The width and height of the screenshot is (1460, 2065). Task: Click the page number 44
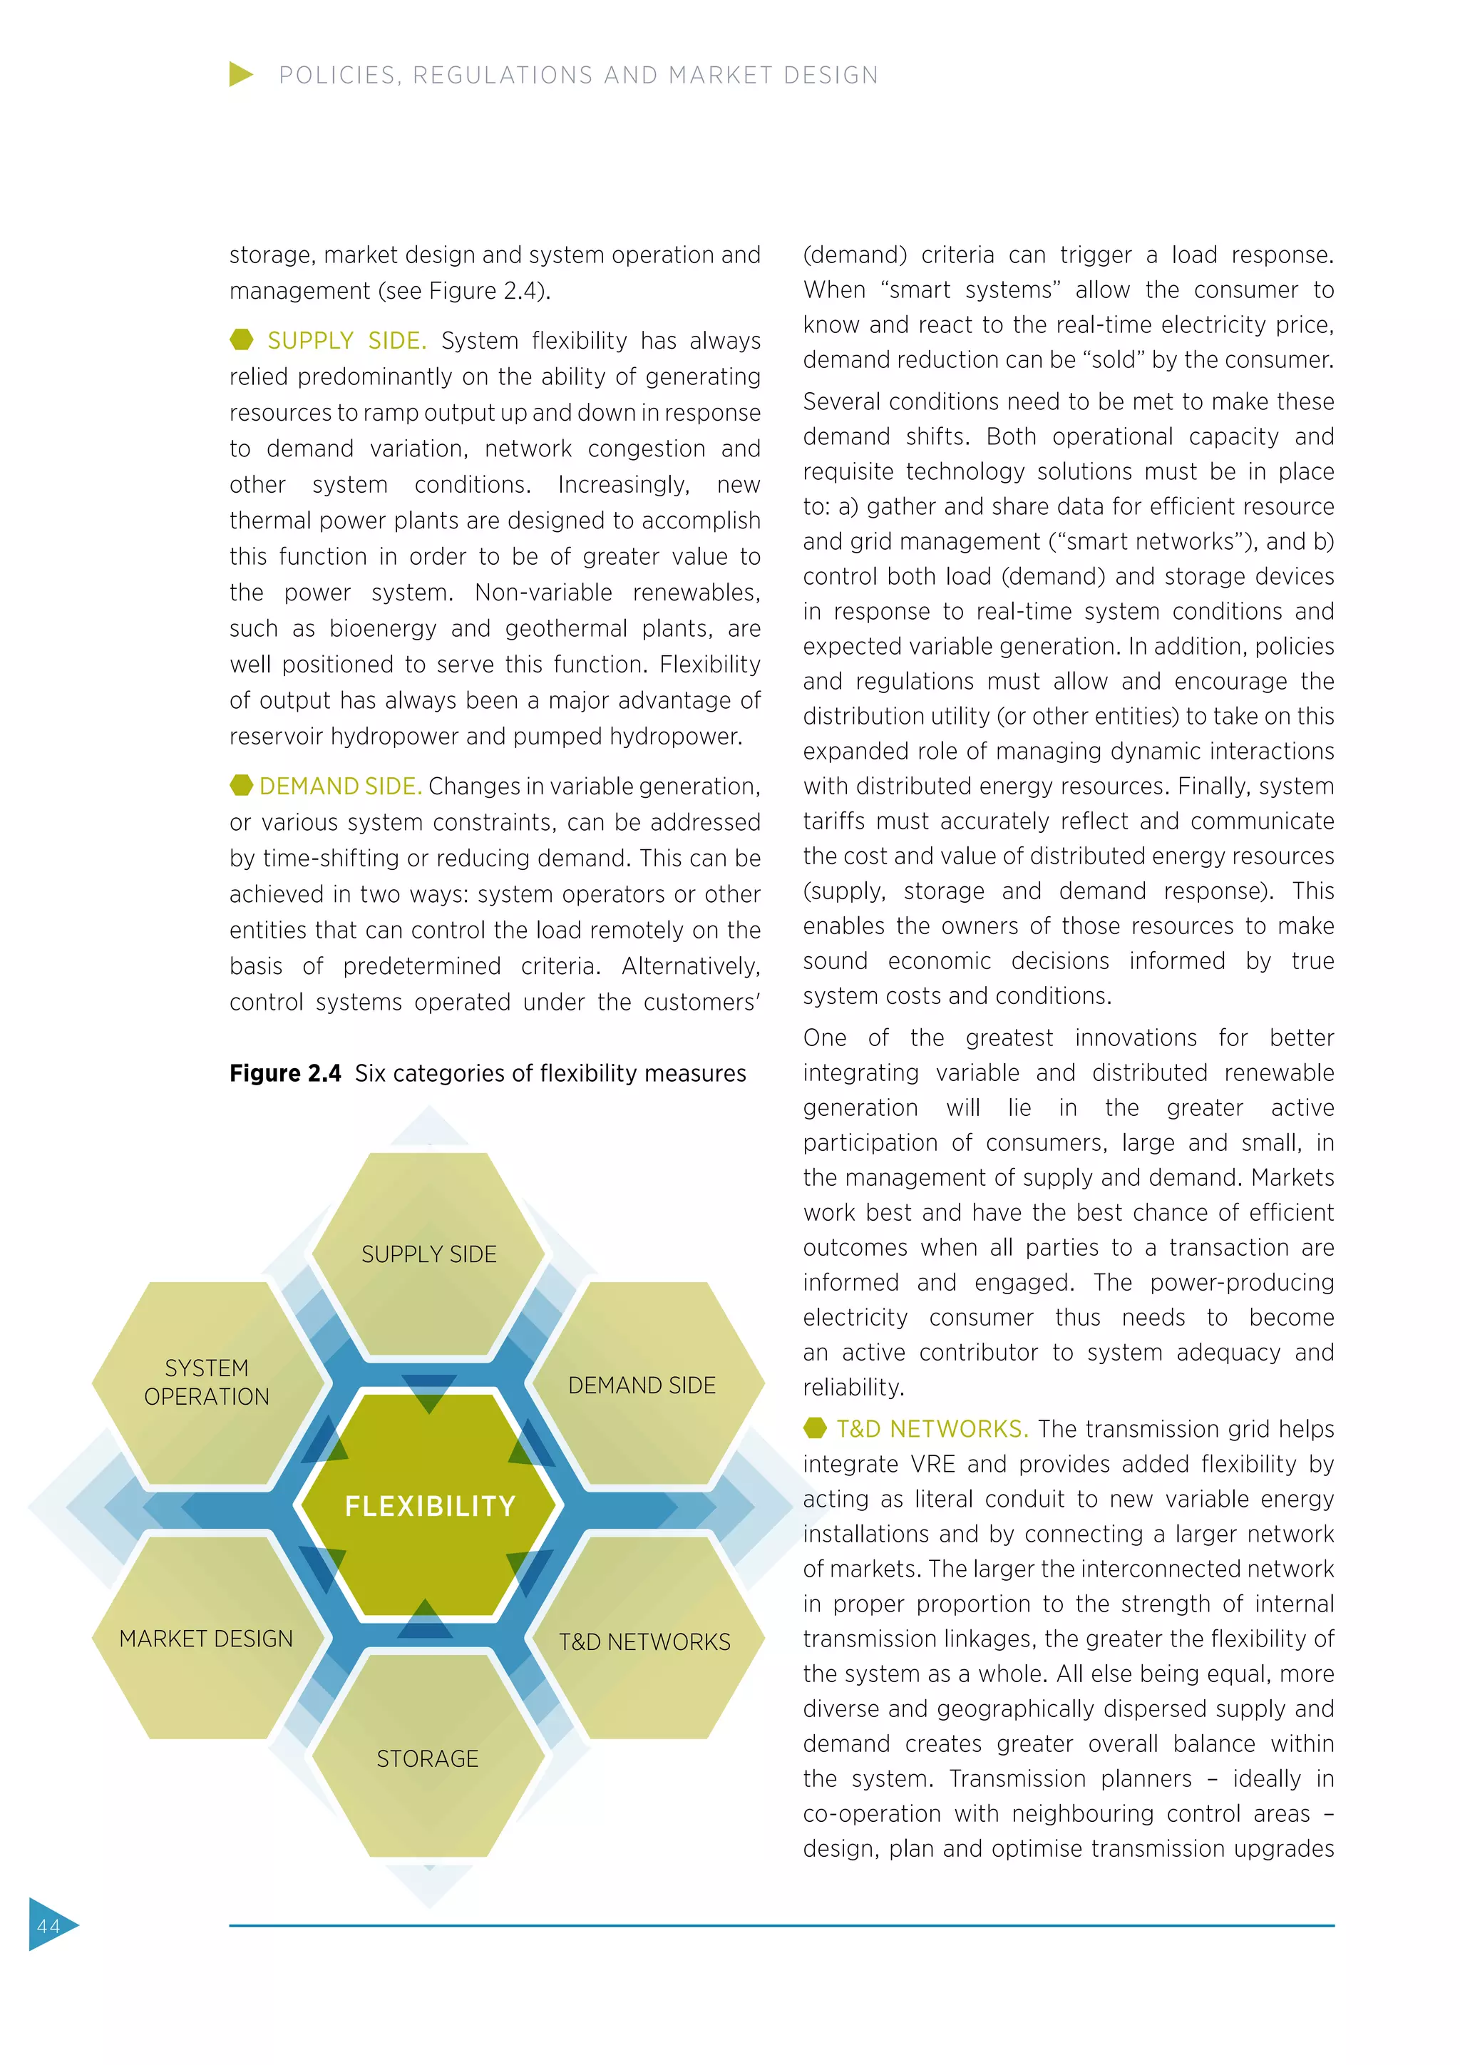[x=48, y=1925]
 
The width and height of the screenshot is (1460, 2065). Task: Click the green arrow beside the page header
[x=240, y=75]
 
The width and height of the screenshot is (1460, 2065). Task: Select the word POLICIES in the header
[x=336, y=76]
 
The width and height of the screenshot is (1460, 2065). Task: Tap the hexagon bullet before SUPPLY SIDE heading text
[x=241, y=340]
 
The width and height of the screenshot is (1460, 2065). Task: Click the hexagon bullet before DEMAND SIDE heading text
[x=241, y=785]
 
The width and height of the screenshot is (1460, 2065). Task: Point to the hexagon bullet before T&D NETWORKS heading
[x=815, y=1428]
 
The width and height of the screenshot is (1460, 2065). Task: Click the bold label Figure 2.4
[x=285, y=1073]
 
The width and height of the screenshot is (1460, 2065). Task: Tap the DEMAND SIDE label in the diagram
[x=642, y=1385]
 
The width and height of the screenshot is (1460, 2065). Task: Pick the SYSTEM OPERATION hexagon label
[x=207, y=1383]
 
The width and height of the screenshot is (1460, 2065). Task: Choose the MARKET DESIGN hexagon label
[x=206, y=1639]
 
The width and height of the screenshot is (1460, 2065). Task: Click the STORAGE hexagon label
[x=428, y=1758]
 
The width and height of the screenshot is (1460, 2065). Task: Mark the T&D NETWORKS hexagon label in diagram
[x=644, y=1642]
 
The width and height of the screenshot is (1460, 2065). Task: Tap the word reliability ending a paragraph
[x=853, y=1388]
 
